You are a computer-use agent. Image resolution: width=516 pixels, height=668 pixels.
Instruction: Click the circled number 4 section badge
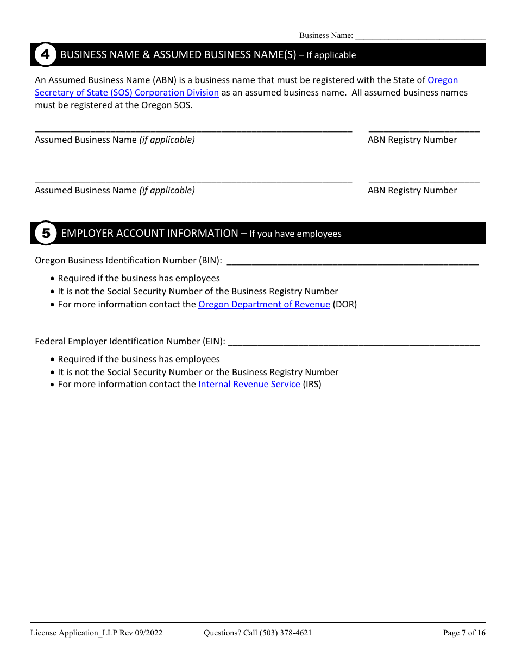click(x=46, y=54)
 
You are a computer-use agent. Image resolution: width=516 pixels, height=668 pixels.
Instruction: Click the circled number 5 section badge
click(x=46, y=234)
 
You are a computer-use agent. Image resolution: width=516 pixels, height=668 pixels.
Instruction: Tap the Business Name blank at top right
click(x=420, y=36)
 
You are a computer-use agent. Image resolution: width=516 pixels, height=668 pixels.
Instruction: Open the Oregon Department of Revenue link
click(x=264, y=304)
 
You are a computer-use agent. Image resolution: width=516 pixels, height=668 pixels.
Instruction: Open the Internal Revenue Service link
click(x=249, y=384)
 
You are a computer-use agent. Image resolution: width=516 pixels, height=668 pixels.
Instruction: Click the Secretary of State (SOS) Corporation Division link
click(x=127, y=92)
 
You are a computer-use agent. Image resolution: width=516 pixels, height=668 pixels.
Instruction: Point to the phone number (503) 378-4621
click(x=286, y=633)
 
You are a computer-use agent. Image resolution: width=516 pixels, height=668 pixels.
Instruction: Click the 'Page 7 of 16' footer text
click(x=464, y=633)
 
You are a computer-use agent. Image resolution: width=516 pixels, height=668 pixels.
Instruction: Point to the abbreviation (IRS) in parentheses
click(x=312, y=384)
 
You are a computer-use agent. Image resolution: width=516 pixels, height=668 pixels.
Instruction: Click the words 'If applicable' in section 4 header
click(x=331, y=55)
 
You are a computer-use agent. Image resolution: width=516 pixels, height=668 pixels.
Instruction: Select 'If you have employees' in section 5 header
click(x=295, y=234)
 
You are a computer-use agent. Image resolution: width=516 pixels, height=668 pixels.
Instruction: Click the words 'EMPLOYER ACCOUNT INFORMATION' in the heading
click(x=149, y=233)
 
